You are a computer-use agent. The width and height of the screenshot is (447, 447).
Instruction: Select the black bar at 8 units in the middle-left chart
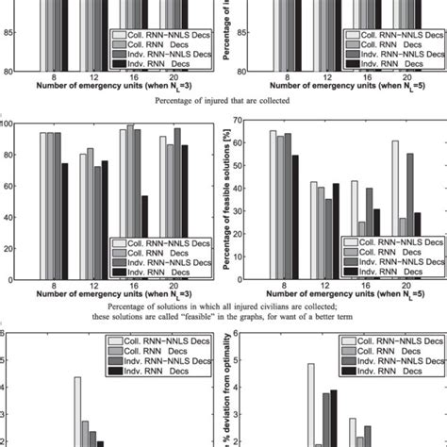63,222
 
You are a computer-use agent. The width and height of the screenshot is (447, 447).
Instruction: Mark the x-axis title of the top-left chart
107,88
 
